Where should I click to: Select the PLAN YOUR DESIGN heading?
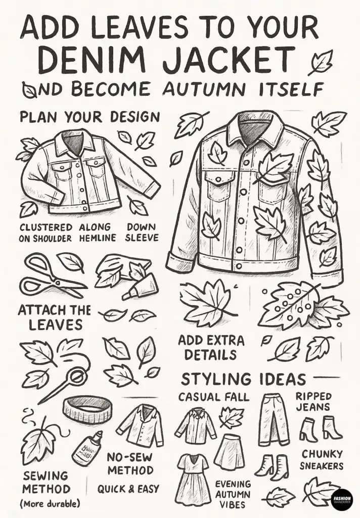89,117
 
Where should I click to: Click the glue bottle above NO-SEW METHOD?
87,448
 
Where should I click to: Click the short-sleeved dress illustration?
192,478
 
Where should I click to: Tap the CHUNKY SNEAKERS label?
322,460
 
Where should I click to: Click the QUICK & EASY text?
128,489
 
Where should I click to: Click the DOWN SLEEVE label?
142,232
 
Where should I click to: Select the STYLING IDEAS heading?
243,378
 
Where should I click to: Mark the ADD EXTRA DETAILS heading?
211,348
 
